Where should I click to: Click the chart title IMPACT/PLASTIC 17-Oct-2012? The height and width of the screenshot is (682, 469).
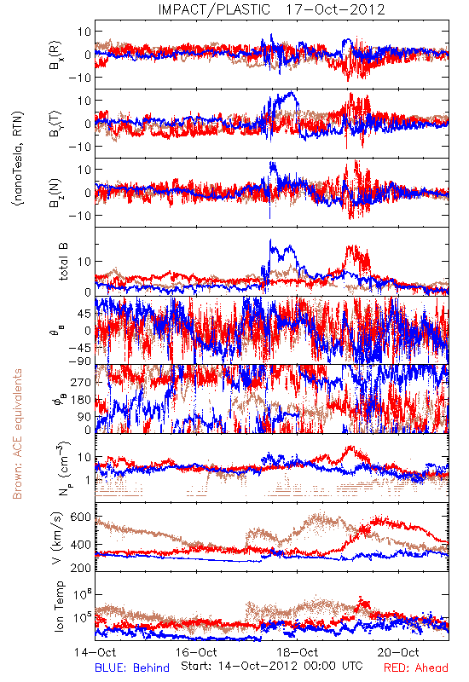(x=271, y=9)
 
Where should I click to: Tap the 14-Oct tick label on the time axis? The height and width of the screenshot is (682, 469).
(x=96, y=652)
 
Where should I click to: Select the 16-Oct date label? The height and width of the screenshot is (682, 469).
(x=196, y=652)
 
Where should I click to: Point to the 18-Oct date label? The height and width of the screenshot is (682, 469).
(x=298, y=652)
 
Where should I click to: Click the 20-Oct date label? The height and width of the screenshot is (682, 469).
(x=398, y=652)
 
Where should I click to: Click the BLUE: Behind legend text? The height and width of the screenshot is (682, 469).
(x=132, y=668)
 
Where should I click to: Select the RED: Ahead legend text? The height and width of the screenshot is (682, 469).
(x=416, y=668)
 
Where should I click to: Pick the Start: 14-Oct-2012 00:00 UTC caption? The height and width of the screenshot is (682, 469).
(x=272, y=666)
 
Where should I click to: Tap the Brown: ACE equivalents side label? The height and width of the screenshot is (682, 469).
(x=17, y=434)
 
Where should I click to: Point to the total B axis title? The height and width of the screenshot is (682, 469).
(x=63, y=262)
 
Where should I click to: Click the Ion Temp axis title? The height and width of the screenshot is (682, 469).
(x=59, y=606)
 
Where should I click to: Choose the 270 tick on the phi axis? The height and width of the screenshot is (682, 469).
(x=80, y=382)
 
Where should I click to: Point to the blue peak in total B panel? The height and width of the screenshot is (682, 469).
(x=270, y=240)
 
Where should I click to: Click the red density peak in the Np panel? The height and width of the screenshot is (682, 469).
(x=350, y=447)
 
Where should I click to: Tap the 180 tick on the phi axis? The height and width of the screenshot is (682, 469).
(x=80, y=400)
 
